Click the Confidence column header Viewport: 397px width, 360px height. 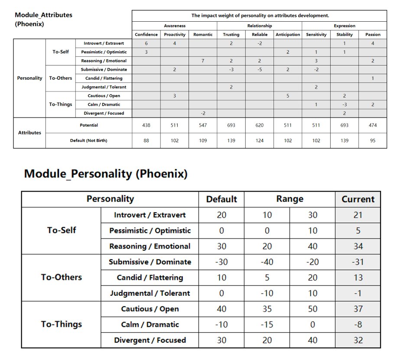tap(146, 34)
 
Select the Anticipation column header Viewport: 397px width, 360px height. tap(288, 34)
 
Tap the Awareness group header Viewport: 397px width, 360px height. tap(175, 26)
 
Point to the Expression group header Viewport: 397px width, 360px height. tap(345, 26)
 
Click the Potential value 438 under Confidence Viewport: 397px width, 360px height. tap(146, 125)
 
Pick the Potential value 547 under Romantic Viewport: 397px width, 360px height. tap(203, 125)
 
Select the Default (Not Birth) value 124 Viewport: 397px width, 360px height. tap(260, 141)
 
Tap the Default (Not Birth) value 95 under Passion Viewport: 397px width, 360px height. tap(373, 141)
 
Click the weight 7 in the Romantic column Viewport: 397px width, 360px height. tap(203, 61)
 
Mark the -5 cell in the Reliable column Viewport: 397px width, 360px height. tap(260, 69)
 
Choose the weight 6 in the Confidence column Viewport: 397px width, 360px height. tap(146, 43)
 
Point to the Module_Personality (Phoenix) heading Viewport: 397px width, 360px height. tap(106, 174)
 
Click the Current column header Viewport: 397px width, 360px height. tap(358, 199)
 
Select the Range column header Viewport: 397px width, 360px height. tap(290, 199)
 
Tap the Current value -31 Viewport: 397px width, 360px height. tap(358, 262)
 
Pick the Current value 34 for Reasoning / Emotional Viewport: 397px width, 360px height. tap(358, 246)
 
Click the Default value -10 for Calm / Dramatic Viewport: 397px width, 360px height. tap(221, 324)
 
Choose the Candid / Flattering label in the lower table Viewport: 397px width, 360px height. tap(150, 278)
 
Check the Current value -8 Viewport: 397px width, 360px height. tap(358, 324)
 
